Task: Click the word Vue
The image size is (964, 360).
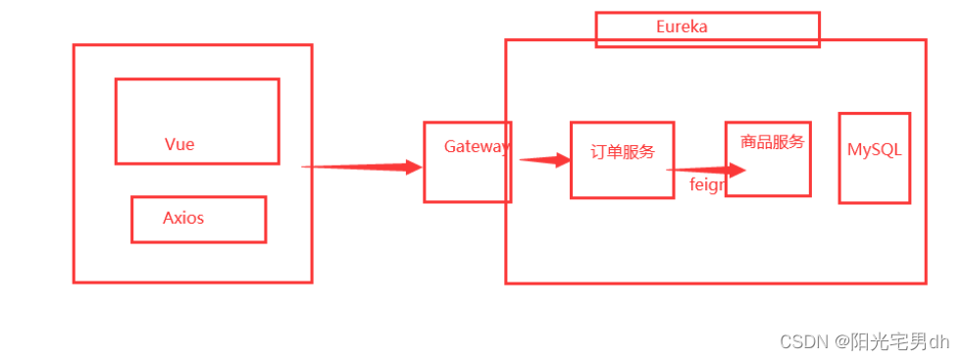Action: tap(179, 144)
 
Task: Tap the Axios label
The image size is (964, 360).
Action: tap(183, 218)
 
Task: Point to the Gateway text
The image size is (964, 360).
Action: tap(477, 147)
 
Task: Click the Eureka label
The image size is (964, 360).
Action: tap(682, 27)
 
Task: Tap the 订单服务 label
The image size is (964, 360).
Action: tap(623, 152)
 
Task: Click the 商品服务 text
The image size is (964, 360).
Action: tap(773, 142)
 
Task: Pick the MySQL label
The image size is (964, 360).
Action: tap(874, 150)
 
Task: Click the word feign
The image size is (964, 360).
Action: tap(706, 184)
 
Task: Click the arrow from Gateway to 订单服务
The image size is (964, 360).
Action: tap(545, 160)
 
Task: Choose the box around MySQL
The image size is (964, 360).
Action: tap(874, 181)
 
